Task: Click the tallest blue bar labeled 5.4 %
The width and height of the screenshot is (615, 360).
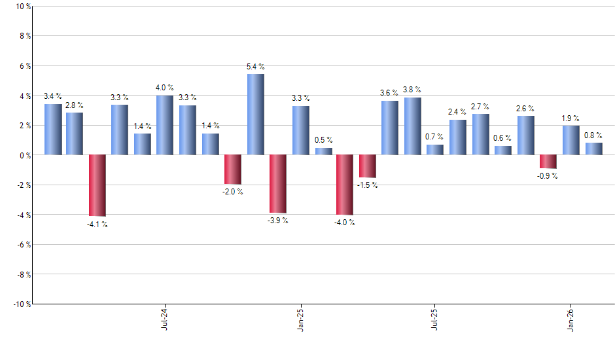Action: pos(256,115)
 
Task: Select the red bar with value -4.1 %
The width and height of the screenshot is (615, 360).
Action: pos(97,185)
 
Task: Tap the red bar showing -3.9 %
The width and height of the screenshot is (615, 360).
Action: pos(278,184)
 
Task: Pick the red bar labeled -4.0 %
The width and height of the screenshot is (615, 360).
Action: pos(345,185)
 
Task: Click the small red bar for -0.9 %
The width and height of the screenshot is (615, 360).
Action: pos(548,162)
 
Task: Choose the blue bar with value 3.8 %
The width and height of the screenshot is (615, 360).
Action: pos(412,126)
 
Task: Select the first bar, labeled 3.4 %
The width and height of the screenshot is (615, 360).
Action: pos(53,130)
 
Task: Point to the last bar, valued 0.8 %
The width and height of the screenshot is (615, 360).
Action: pos(594,149)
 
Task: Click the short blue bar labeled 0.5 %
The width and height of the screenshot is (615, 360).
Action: pos(323,151)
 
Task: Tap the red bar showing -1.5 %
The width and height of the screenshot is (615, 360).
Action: pos(368,166)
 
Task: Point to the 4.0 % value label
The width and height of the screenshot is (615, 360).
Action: pos(165,88)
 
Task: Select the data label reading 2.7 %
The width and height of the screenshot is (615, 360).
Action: pos(481,106)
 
